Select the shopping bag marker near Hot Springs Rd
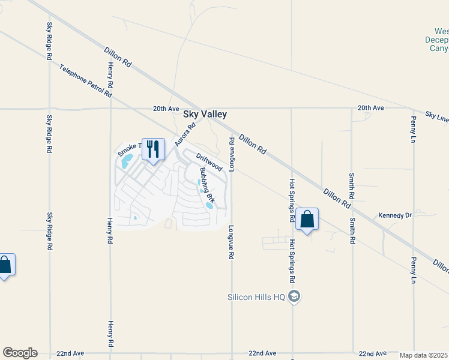tap(307, 219)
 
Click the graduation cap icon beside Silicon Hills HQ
tap(294, 296)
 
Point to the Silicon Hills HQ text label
tap(257, 296)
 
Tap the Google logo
tap(20, 353)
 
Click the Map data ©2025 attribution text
tap(424, 355)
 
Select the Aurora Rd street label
tap(185, 135)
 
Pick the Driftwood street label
tap(209, 162)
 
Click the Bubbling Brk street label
tap(207, 185)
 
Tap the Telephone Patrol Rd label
tap(86, 81)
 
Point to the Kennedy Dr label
tap(394, 215)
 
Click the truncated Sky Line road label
tap(437, 116)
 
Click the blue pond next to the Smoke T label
tap(126, 161)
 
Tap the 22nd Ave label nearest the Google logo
tap(70, 353)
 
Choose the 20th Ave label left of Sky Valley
tap(166, 109)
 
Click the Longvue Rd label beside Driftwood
tap(232, 153)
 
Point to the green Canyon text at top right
tap(439, 48)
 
